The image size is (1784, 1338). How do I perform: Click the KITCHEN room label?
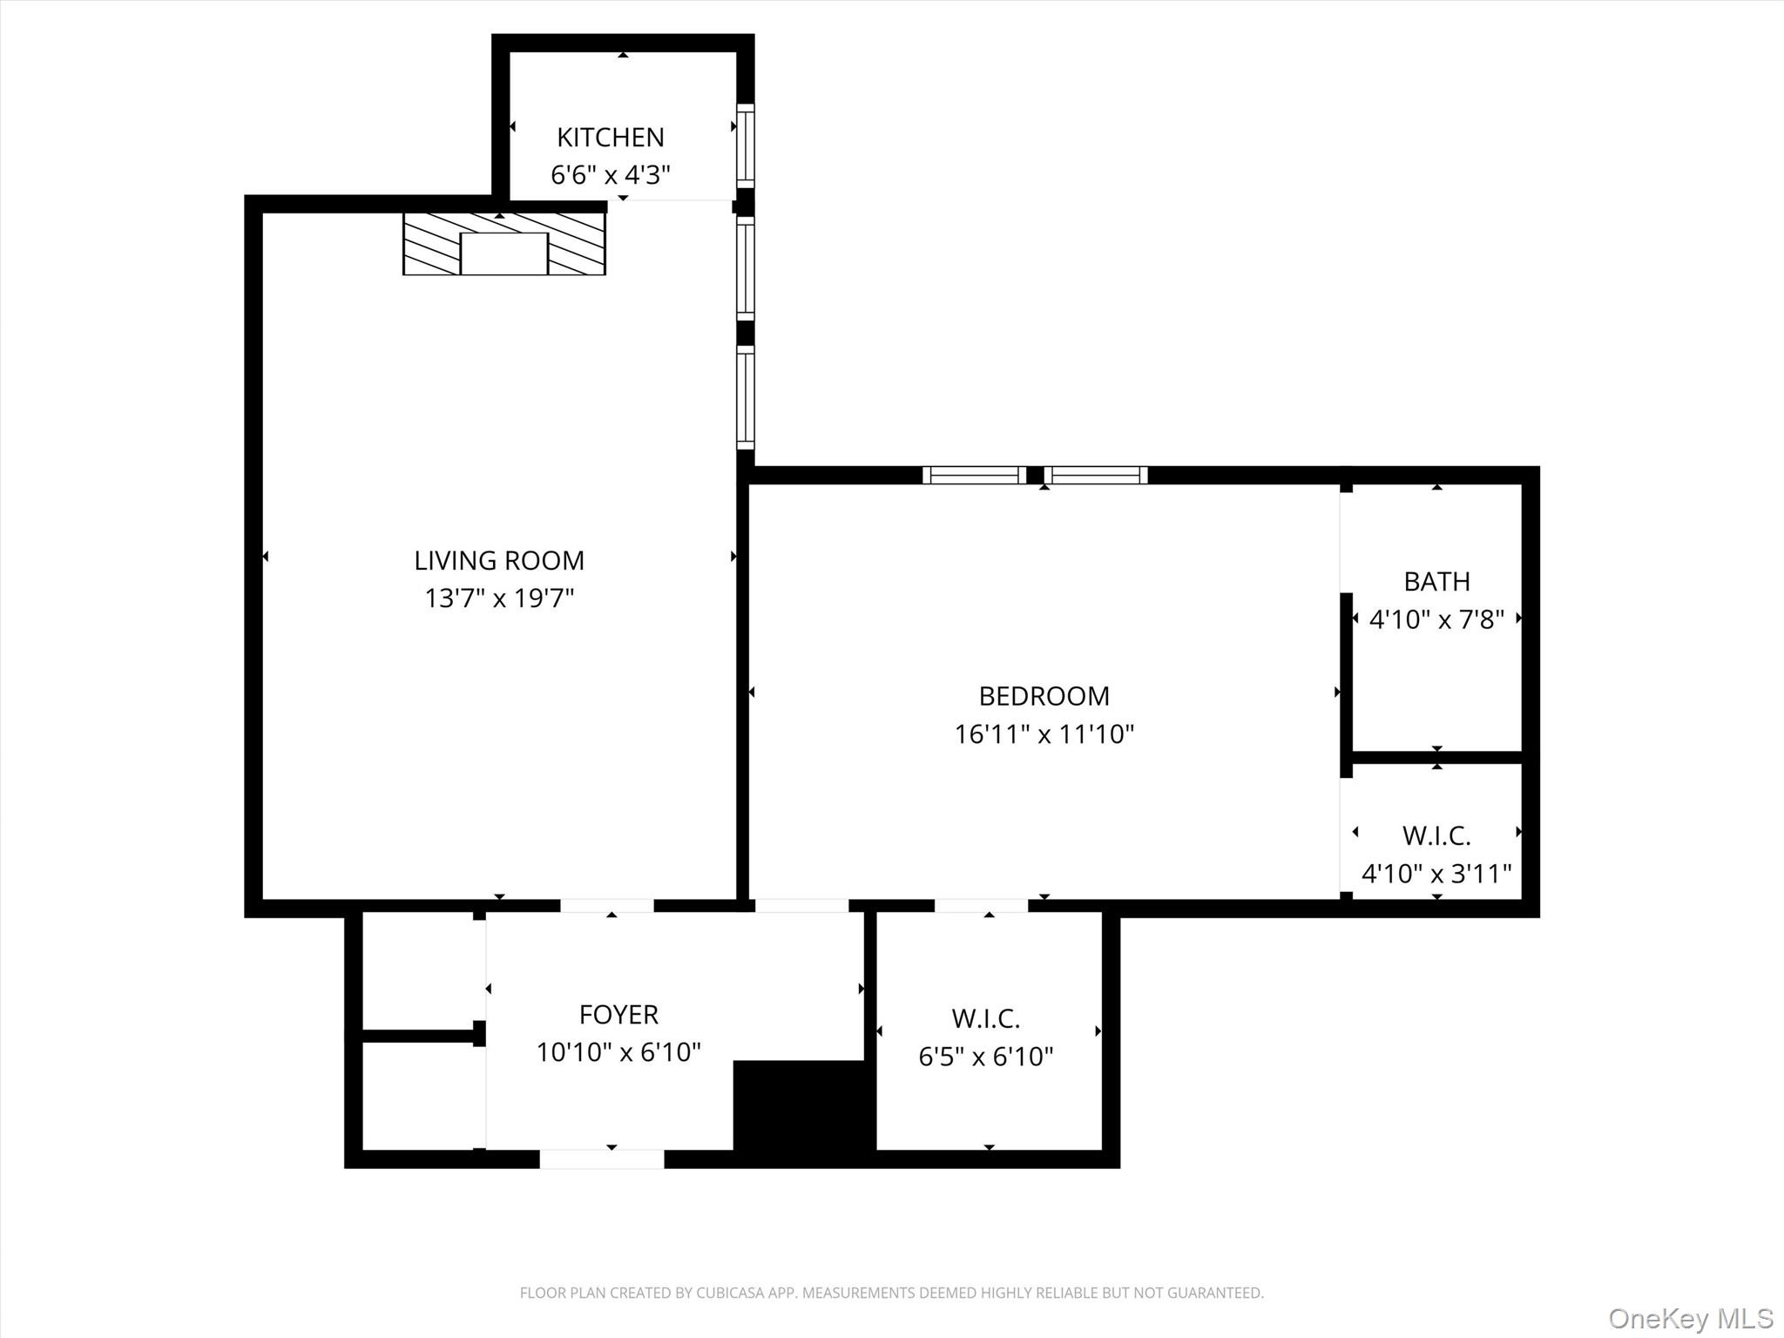(610, 138)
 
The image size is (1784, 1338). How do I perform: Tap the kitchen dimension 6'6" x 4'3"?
(610, 175)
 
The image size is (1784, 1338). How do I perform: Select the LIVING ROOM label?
(498, 560)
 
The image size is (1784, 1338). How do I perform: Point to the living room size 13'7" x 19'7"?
(498, 598)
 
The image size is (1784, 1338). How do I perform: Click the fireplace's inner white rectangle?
(503, 253)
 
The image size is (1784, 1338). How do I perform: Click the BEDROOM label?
(1044, 696)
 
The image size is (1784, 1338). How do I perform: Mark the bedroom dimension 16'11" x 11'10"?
(1044, 734)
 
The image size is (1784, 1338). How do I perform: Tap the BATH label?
(1436, 581)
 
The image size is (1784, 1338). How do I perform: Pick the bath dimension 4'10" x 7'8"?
(1436, 619)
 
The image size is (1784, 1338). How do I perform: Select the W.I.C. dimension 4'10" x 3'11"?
(1436, 873)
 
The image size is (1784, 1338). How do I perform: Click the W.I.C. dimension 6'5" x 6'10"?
(986, 1057)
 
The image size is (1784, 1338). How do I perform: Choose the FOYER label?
(618, 1014)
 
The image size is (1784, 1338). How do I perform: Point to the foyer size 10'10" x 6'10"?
(618, 1052)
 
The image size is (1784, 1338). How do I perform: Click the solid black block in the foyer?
(801, 1111)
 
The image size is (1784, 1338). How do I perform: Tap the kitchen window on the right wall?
(746, 145)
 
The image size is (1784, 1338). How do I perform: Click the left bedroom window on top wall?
(974, 475)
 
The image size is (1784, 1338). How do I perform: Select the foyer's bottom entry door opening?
(602, 1159)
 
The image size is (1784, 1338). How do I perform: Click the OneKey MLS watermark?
(1690, 1318)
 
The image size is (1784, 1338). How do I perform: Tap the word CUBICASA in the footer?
(730, 1293)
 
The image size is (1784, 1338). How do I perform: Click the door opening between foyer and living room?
(606, 906)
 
